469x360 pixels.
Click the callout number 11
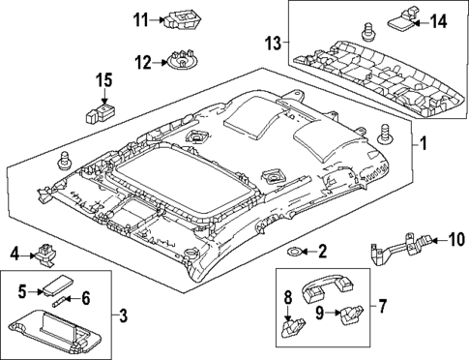tap(141, 18)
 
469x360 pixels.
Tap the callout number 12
tap(141, 63)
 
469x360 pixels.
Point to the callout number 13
tap(274, 43)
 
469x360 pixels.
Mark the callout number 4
tap(15, 255)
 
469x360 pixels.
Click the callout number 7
tap(382, 308)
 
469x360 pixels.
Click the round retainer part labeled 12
tap(178, 64)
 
